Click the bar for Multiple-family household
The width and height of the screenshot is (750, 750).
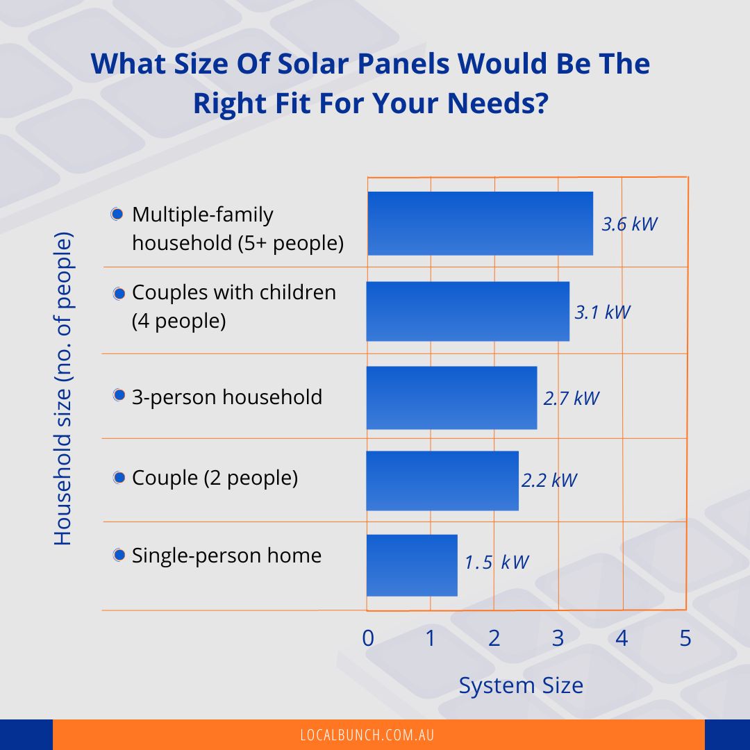(480, 224)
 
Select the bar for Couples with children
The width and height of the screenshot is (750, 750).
(467, 311)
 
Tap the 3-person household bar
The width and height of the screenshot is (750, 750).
(451, 397)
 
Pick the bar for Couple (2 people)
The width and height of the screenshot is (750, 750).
(442, 481)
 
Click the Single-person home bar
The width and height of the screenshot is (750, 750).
(412, 565)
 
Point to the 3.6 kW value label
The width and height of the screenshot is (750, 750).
(629, 224)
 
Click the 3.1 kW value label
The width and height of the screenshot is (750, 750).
(602, 312)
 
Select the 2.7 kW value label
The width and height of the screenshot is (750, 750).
(571, 398)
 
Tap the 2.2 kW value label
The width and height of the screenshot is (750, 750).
(549, 480)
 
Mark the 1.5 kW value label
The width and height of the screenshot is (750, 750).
(497, 562)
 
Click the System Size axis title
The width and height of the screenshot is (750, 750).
(521, 686)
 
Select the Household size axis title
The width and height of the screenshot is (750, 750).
(63, 390)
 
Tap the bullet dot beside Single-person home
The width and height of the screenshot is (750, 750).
(119, 555)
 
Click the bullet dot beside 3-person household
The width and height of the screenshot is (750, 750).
(119, 396)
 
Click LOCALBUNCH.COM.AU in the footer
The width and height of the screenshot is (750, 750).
(367, 735)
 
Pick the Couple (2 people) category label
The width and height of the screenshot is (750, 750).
(215, 478)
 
